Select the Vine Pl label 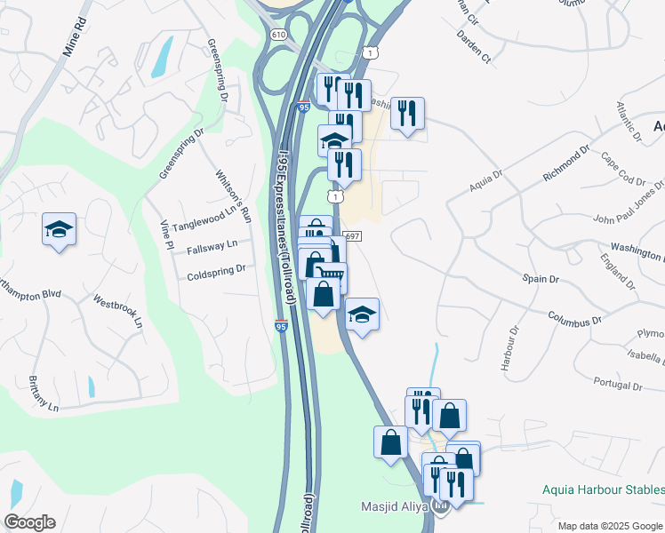click(x=164, y=235)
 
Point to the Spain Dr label click(x=540, y=279)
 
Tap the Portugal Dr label click(x=617, y=386)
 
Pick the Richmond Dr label click(x=566, y=165)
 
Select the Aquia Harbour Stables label click(x=603, y=490)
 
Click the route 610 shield click(x=279, y=35)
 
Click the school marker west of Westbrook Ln click(x=60, y=229)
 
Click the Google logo click(x=29, y=522)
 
